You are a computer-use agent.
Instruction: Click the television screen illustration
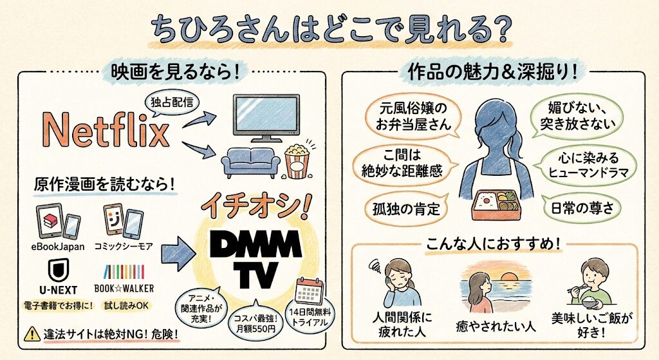pos(265,115)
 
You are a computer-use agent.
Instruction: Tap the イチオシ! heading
pos(255,205)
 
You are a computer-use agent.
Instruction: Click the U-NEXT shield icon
pos(60,269)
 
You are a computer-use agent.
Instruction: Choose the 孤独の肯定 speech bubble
pos(402,208)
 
